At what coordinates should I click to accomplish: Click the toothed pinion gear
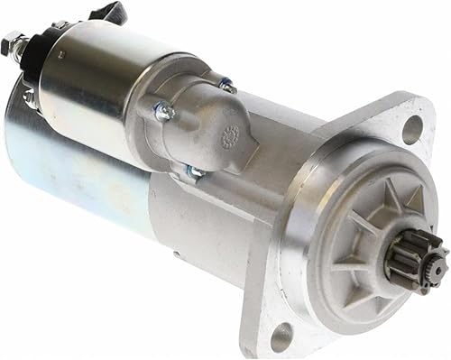pos(412,254)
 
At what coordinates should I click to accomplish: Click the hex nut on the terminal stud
pos(12,42)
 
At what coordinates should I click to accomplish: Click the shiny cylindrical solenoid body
pos(99,77)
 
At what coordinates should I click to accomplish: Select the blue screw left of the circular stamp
pos(163,112)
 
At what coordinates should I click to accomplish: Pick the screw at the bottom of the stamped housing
pos(195,170)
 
